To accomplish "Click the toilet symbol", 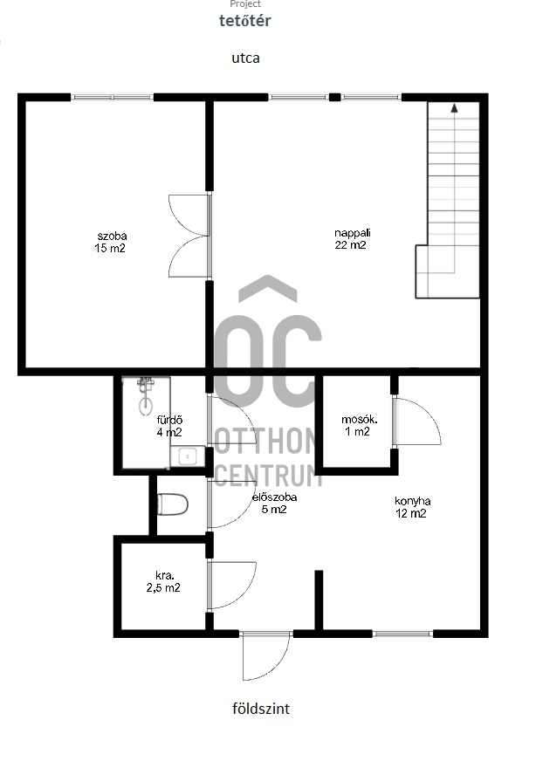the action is [172, 504].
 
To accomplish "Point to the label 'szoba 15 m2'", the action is [111, 243].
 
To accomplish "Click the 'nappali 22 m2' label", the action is [352, 239].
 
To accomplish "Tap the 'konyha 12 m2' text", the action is [412, 507].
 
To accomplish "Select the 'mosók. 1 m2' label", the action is [359, 426].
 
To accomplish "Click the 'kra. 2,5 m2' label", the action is [163, 581].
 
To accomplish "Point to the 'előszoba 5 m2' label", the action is [274, 504].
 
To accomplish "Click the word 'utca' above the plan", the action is [245, 58].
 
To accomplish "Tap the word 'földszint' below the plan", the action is [261, 709].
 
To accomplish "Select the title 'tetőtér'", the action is [245, 20].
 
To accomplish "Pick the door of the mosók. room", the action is [416, 421].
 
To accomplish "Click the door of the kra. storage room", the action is [231, 585].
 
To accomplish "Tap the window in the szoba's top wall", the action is [112, 98].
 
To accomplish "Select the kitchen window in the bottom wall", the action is [402, 634].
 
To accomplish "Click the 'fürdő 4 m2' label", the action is [169, 426].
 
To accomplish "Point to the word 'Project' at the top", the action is [245, 3].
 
